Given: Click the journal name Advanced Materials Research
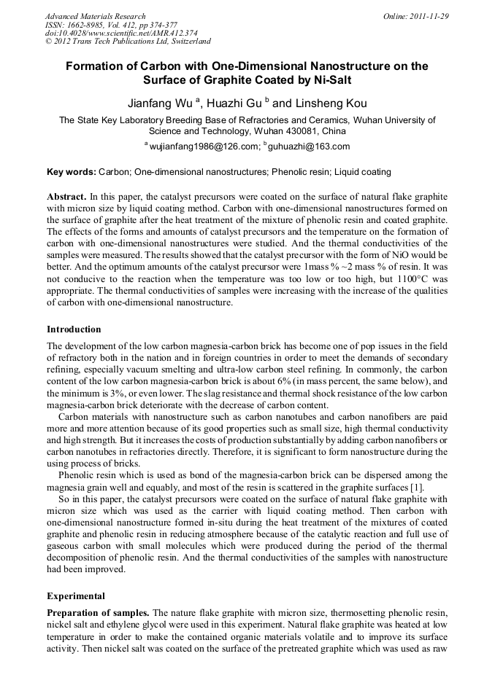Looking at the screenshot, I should tap(95, 16).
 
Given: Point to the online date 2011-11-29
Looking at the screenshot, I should tap(428, 16).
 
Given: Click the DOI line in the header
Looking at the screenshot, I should tap(120, 33).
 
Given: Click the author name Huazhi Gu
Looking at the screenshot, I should tap(243, 103).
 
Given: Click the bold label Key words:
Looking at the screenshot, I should tap(72, 172).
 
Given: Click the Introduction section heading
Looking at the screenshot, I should tap(74, 329).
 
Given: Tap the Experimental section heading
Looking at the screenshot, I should tap(76, 595).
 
